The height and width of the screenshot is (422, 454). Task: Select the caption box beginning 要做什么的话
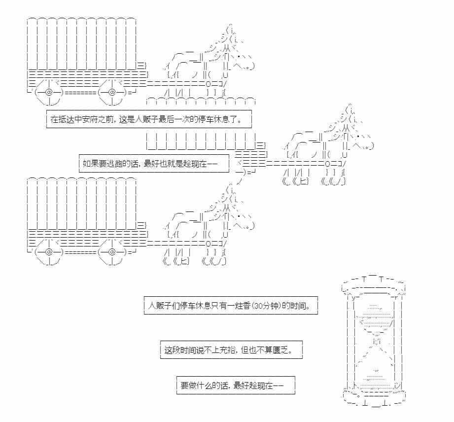point(236,386)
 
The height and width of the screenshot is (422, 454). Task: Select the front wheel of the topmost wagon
point(112,92)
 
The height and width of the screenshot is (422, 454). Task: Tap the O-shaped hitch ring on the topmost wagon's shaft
point(209,83)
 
